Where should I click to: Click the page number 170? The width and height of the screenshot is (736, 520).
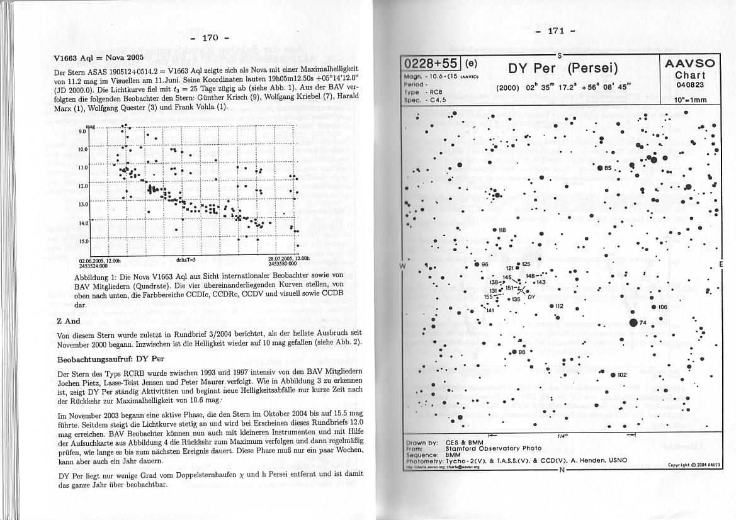(210, 38)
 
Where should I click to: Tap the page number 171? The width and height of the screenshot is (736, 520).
(557, 31)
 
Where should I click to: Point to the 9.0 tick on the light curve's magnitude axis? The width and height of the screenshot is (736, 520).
(82, 132)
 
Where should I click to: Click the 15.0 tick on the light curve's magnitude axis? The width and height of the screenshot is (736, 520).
(82, 241)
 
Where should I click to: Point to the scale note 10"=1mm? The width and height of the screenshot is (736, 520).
(690, 99)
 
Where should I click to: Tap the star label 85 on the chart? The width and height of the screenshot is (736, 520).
(608, 168)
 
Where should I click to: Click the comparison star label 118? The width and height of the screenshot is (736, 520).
(502, 230)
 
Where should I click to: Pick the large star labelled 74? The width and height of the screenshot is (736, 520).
(633, 323)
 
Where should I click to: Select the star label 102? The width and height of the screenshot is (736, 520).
(622, 375)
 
